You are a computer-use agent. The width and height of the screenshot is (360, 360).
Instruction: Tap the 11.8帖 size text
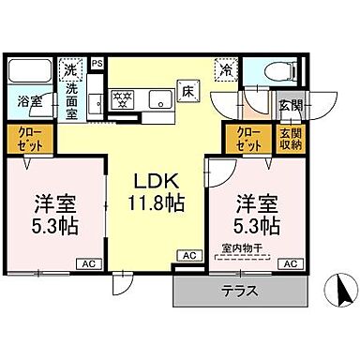[x=162, y=202]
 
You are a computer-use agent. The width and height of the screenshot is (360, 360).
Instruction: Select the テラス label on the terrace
[x=239, y=292]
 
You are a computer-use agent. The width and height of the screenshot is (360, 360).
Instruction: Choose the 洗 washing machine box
[x=71, y=68]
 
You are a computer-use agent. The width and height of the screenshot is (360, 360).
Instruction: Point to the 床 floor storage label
[x=187, y=91]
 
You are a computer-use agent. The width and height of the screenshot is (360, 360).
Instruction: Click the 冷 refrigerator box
[x=227, y=68]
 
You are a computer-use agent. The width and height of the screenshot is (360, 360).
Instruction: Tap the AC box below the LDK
[x=188, y=255]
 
